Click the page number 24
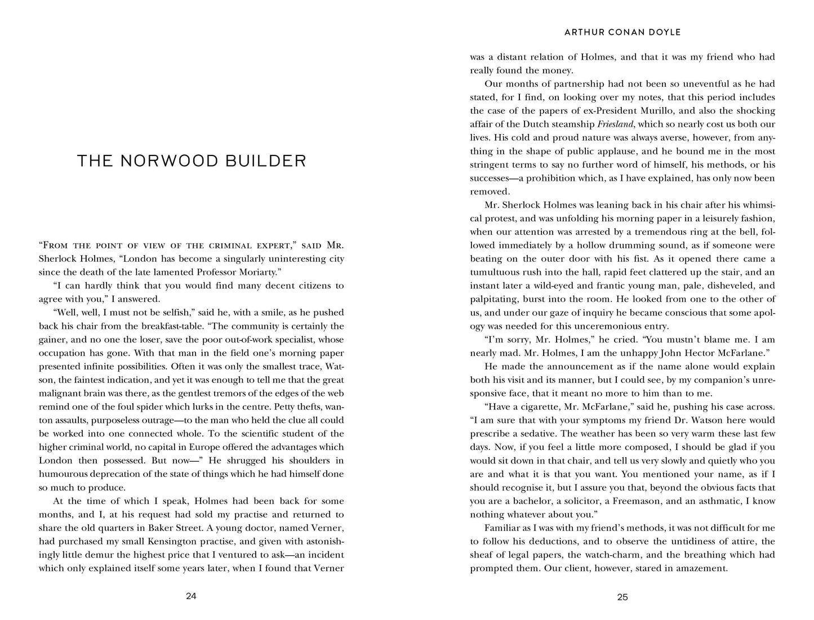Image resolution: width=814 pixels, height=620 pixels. [x=191, y=597]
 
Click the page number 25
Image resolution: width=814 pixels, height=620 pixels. [x=622, y=597]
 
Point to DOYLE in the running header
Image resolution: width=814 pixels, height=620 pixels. [x=665, y=32]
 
